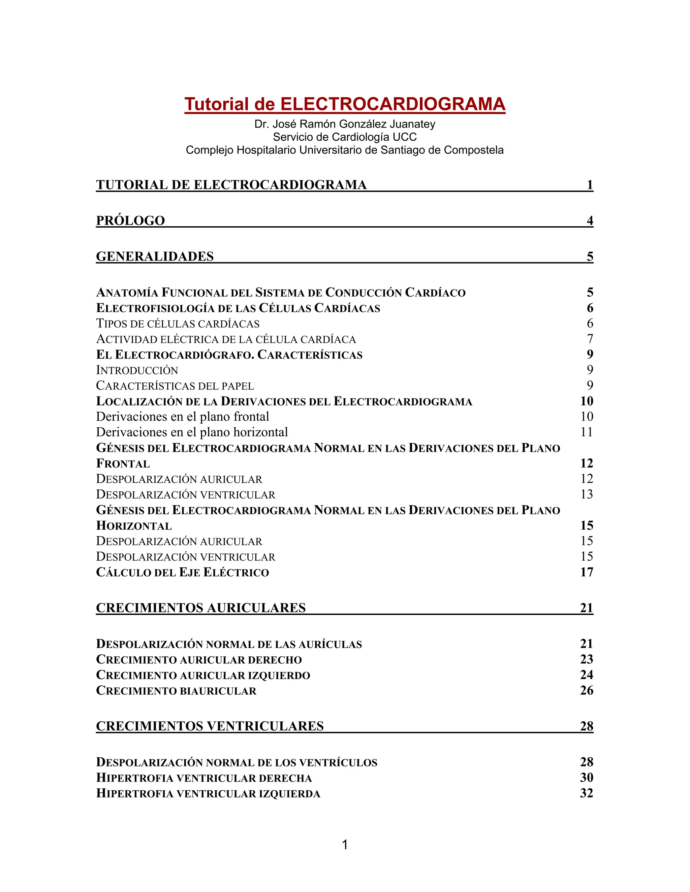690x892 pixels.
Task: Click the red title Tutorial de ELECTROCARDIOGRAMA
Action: pyautogui.click(x=345, y=104)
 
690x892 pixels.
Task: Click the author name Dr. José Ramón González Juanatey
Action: pyautogui.click(x=345, y=124)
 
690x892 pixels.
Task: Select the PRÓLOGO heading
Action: pyautogui.click(x=130, y=220)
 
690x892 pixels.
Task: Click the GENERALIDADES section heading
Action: pyautogui.click(x=155, y=256)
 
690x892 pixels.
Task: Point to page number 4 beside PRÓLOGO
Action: pyautogui.click(x=590, y=220)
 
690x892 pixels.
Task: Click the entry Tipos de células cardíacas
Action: pyautogui.click(x=178, y=323)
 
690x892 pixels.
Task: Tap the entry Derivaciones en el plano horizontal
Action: pyautogui.click(x=192, y=432)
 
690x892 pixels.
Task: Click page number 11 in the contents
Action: pyautogui.click(x=586, y=432)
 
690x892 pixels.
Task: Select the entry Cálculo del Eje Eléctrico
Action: pyautogui.click(x=182, y=572)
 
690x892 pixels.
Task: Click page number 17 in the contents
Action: pyautogui.click(x=586, y=572)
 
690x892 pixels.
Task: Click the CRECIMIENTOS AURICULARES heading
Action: pyautogui.click(x=201, y=608)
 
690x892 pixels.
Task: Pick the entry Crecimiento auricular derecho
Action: pyautogui.click(x=199, y=660)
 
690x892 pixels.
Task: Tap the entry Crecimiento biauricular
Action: pyautogui.click(x=176, y=691)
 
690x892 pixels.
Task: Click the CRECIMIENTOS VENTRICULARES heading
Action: pyautogui.click(x=210, y=726)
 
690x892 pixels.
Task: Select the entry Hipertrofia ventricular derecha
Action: pyautogui.click(x=204, y=778)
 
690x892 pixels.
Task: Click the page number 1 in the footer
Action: pyautogui.click(x=345, y=845)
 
